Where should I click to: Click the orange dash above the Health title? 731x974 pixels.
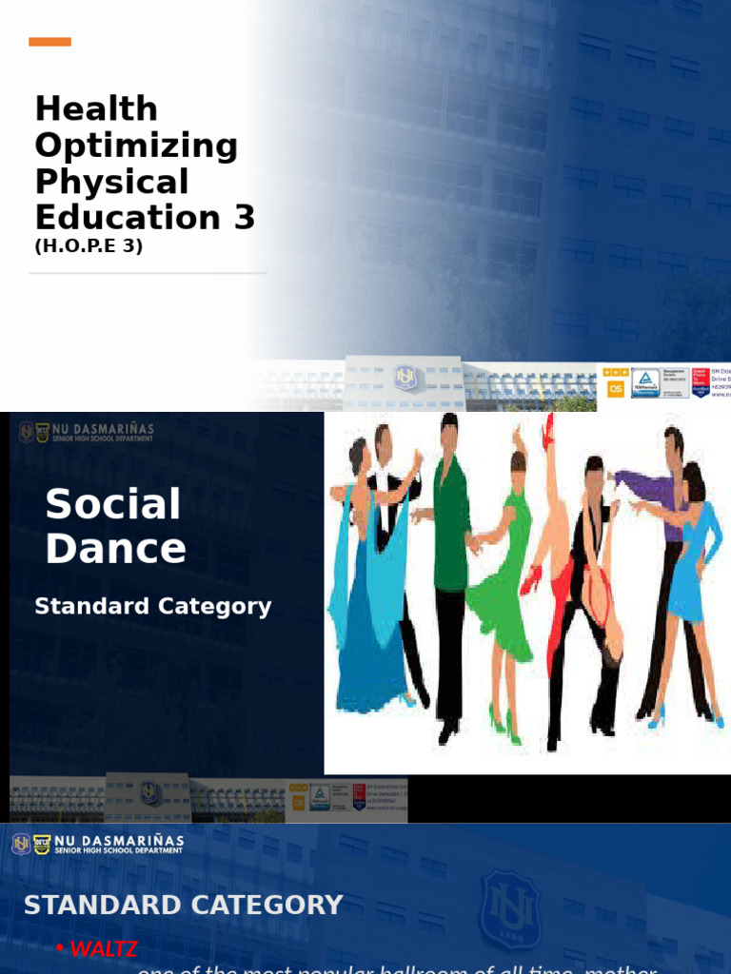click(49, 42)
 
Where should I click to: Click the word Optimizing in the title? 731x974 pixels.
click(136, 146)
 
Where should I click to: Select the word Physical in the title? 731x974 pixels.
click(111, 182)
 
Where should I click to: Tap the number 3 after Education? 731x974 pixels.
click(245, 218)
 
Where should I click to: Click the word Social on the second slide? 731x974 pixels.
click(112, 504)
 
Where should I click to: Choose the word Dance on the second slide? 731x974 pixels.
click(115, 549)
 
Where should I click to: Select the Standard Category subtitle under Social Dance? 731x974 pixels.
click(152, 606)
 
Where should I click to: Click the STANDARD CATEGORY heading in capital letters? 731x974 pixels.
click(183, 905)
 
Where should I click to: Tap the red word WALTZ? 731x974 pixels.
click(104, 948)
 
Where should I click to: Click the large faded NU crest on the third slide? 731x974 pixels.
click(510, 909)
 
